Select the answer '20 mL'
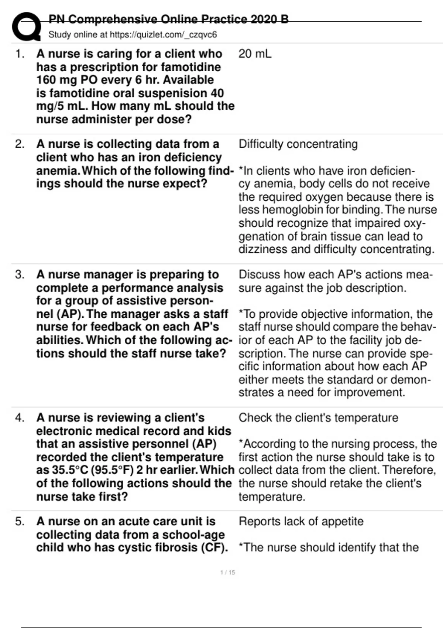(255, 54)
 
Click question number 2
(20, 144)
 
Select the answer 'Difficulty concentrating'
(298, 144)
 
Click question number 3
(20, 275)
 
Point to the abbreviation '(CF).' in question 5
(214, 548)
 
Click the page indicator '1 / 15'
(227, 573)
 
